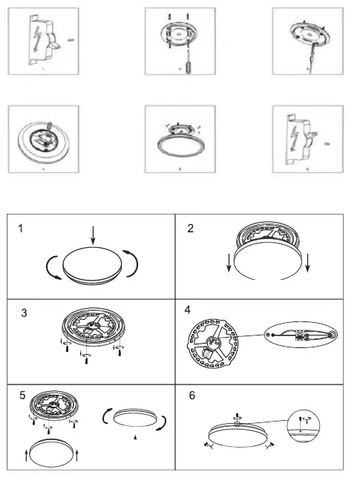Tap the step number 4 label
tap(188, 311)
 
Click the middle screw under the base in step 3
tap(89, 358)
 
